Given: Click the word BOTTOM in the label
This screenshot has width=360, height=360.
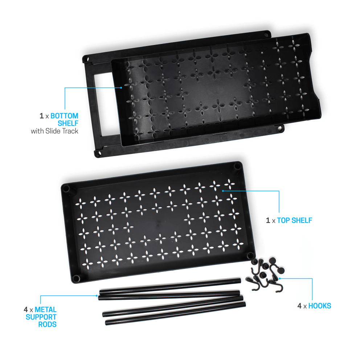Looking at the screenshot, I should click(x=64, y=116).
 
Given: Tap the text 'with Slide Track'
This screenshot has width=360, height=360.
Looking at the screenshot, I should click(x=54, y=131).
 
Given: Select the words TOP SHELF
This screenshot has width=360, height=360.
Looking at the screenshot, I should click(x=294, y=220).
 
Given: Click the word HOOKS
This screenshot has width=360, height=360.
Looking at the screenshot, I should click(x=319, y=306).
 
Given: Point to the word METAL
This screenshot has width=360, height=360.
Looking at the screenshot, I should click(x=45, y=310).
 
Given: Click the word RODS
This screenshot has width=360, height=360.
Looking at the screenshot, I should click(x=48, y=324).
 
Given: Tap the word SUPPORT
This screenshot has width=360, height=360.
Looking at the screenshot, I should click(x=41, y=317).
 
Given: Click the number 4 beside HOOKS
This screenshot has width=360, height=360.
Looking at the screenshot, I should click(x=299, y=306).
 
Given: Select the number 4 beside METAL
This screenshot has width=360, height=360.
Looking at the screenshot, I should click(x=26, y=310).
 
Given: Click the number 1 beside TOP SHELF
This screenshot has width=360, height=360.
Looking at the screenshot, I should click(x=268, y=220).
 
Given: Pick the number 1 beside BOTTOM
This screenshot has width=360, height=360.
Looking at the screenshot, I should click(x=41, y=116).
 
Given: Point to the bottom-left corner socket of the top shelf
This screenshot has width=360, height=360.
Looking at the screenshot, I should click(x=76, y=278).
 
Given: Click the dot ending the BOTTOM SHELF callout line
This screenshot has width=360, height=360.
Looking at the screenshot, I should click(x=121, y=87).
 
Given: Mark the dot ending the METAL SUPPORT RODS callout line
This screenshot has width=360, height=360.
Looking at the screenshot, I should click(x=93, y=296).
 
